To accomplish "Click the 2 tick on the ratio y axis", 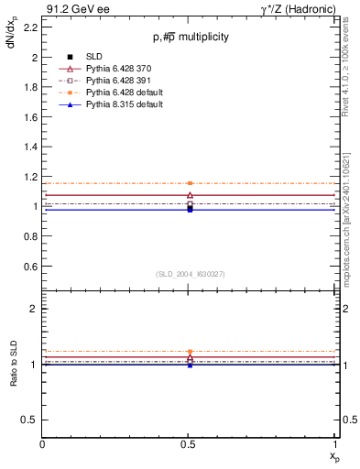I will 35,310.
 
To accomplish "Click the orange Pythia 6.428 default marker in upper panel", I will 190,183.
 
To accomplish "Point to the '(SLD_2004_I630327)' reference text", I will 190,274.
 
